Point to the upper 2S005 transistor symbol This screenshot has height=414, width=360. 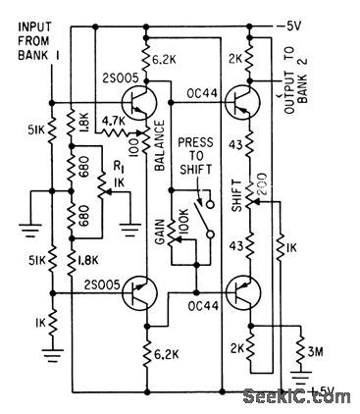coord(137,101)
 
